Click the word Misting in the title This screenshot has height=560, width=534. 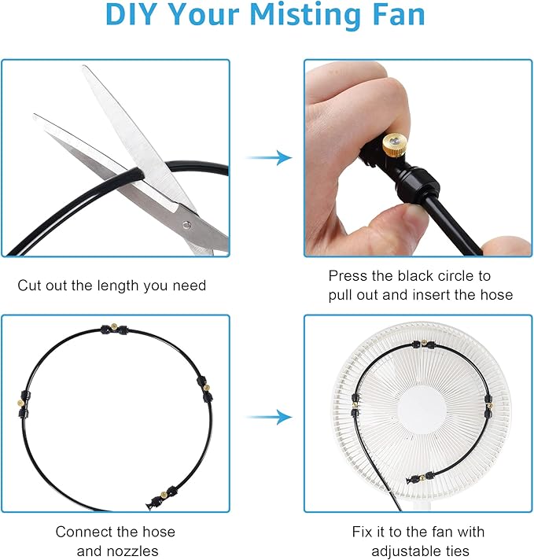[304, 15]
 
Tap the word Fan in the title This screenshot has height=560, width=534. [396, 14]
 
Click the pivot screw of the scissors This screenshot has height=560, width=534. [186, 225]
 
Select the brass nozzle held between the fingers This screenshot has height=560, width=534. [394, 145]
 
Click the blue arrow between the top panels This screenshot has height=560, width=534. [269, 157]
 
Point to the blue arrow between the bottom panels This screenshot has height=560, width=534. [269, 417]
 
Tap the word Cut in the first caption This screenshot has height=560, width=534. [30, 286]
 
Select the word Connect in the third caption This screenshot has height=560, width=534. [87, 532]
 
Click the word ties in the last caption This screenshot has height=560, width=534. [455, 551]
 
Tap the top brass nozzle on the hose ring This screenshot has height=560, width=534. [114, 326]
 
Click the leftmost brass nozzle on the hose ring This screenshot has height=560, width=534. [20, 403]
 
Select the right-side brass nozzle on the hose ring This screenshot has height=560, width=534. [206, 387]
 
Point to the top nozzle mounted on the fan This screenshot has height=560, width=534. [424, 342]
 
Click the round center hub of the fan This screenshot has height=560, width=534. [422, 411]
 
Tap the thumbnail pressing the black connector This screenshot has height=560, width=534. [414, 216]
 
